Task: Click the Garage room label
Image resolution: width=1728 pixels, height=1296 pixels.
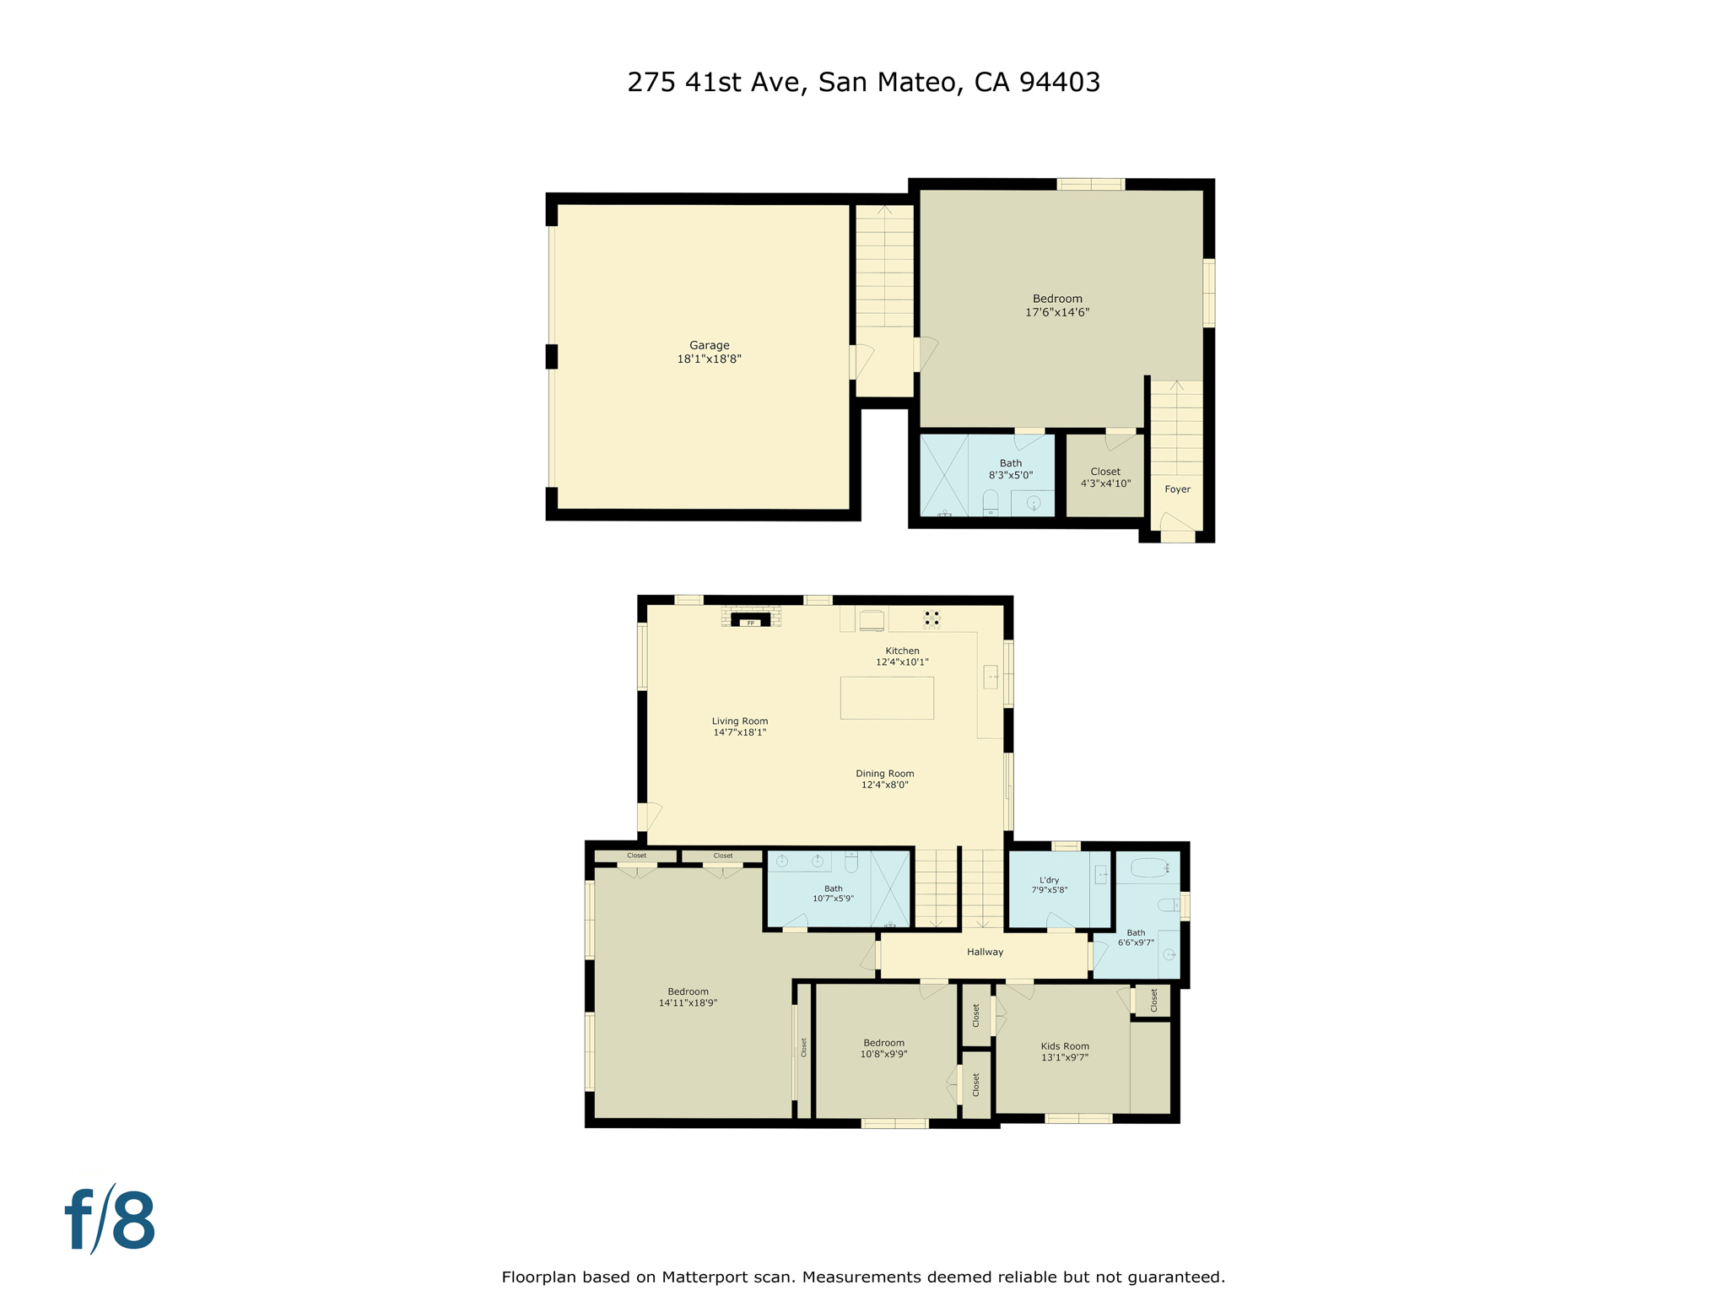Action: pyautogui.click(x=709, y=345)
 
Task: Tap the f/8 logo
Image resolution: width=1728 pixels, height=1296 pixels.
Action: pyautogui.click(x=111, y=1220)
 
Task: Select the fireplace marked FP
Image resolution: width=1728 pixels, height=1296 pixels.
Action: pyautogui.click(x=750, y=622)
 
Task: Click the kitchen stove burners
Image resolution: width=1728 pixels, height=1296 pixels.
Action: pyautogui.click(x=931, y=618)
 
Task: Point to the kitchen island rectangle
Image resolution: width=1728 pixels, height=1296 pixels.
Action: pyautogui.click(x=887, y=698)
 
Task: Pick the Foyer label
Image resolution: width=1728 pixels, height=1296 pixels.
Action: pyautogui.click(x=1177, y=489)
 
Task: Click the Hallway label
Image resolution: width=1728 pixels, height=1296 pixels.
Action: pyautogui.click(x=985, y=952)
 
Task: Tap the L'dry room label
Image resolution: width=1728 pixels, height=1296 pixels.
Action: pyautogui.click(x=1049, y=880)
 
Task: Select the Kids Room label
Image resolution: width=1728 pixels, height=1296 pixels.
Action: pyautogui.click(x=1065, y=1046)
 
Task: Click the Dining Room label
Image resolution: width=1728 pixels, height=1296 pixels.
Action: pyautogui.click(x=884, y=774)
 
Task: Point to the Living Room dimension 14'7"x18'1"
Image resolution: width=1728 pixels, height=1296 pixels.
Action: pyautogui.click(x=739, y=732)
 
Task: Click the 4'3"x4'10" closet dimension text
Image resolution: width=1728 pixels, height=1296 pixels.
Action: pyautogui.click(x=1105, y=483)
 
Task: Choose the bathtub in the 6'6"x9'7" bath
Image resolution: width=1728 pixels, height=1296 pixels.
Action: pyautogui.click(x=1148, y=867)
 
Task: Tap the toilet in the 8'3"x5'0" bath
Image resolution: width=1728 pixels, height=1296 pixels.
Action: pyautogui.click(x=991, y=502)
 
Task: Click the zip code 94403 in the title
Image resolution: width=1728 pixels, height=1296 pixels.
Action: pyautogui.click(x=1059, y=82)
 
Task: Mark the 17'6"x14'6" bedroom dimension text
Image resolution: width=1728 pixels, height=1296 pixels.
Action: pyautogui.click(x=1057, y=312)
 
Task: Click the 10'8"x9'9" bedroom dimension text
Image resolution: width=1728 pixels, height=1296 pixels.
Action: pyautogui.click(x=883, y=1054)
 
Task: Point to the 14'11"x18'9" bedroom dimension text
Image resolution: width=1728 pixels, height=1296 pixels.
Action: pyautogui.click(x=688, y=1003)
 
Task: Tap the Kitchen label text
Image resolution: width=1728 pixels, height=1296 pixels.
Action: pyautogui.click(x=902, y=651)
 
